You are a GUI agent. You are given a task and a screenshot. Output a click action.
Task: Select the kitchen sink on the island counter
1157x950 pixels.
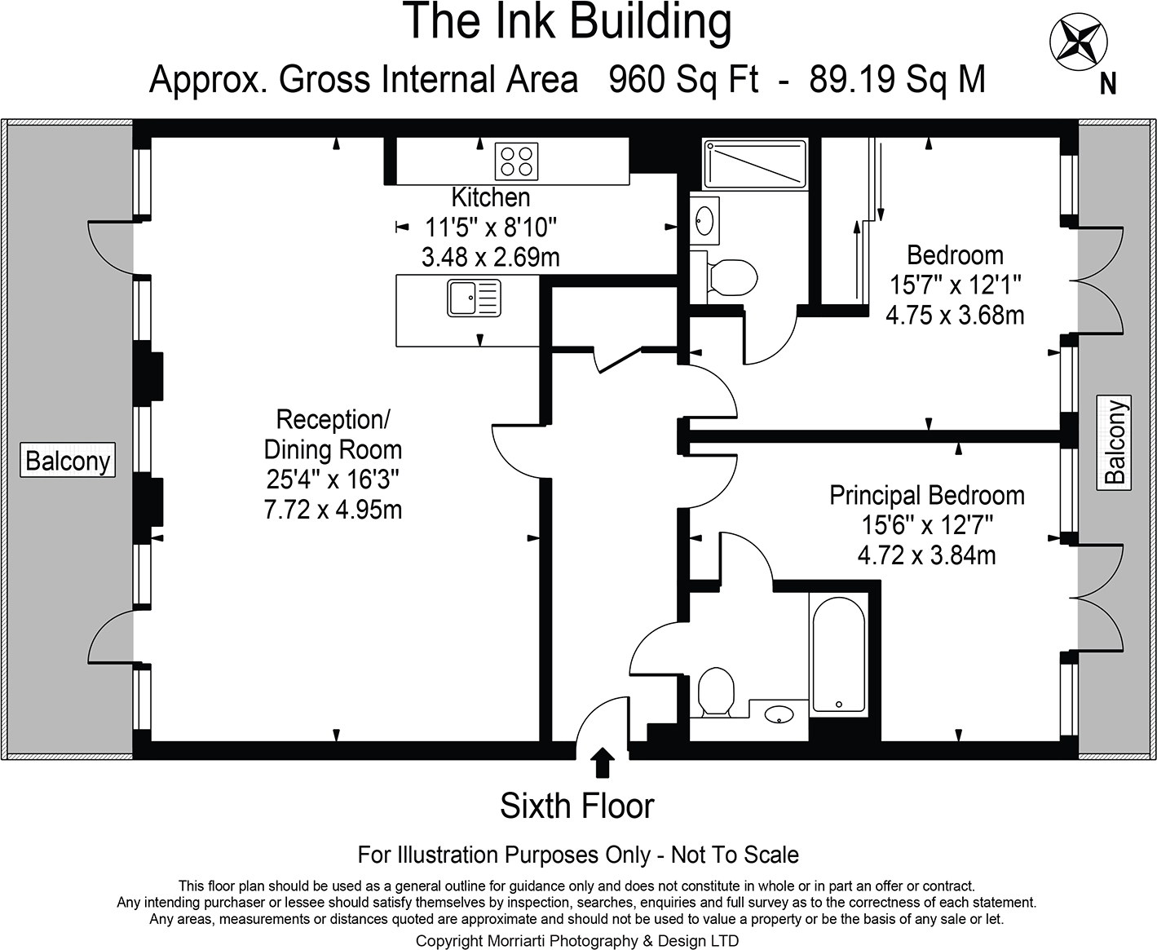click(x=474, y=298)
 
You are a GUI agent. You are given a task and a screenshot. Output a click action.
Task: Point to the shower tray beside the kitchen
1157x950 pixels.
click(x=755, y=164)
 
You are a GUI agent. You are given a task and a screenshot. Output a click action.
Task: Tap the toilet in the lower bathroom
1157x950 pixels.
click(x=717, y=691)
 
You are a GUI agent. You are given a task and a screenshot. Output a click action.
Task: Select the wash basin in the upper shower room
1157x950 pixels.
click(x=704, y=219)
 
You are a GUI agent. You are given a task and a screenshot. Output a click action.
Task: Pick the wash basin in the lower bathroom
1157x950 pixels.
click(x=779, y=715)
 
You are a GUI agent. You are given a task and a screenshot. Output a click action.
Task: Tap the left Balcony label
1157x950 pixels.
click(x=68, y=461)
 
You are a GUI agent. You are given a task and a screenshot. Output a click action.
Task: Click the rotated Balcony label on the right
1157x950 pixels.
click(x=1115, y=441)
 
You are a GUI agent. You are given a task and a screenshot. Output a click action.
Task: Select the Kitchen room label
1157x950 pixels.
click(x=491, y=197)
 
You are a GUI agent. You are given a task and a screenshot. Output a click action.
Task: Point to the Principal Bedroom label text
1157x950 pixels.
click(x=926, y=496)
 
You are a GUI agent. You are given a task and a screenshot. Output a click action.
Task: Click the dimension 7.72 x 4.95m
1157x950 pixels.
click(x=333, y=510)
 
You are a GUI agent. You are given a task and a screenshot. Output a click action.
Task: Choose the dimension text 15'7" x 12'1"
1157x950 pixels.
click(x=955, y=285)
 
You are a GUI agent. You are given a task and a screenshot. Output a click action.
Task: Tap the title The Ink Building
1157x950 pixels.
click(x=567, y=22)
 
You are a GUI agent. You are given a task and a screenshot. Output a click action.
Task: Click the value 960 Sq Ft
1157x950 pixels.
click(x=683, y=80)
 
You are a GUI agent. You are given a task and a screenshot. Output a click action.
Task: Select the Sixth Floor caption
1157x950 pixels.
click(x=576, y=806)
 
